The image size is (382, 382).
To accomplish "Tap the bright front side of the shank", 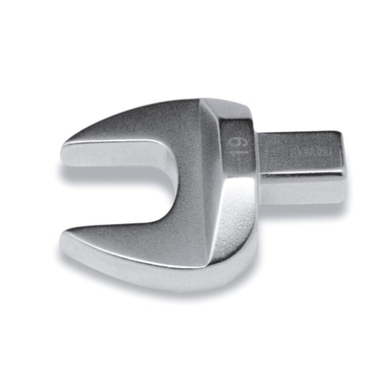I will tap(301, 184).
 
